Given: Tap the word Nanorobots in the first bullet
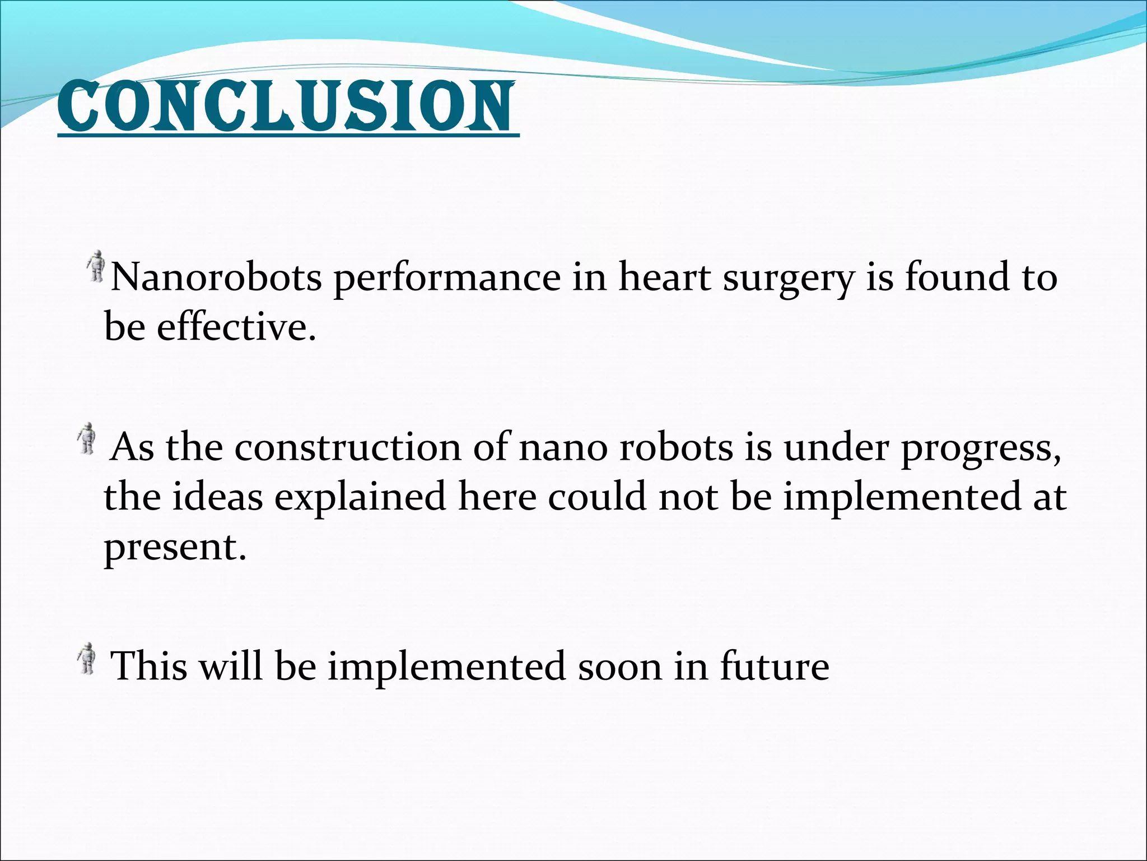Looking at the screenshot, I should [216, 277].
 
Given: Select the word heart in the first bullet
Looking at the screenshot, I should [664, 277].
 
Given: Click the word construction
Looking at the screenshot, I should [347, 448].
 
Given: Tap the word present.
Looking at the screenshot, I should [175, 548].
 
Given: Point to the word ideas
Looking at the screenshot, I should [217, 498].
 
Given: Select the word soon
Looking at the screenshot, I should [619, 667].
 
